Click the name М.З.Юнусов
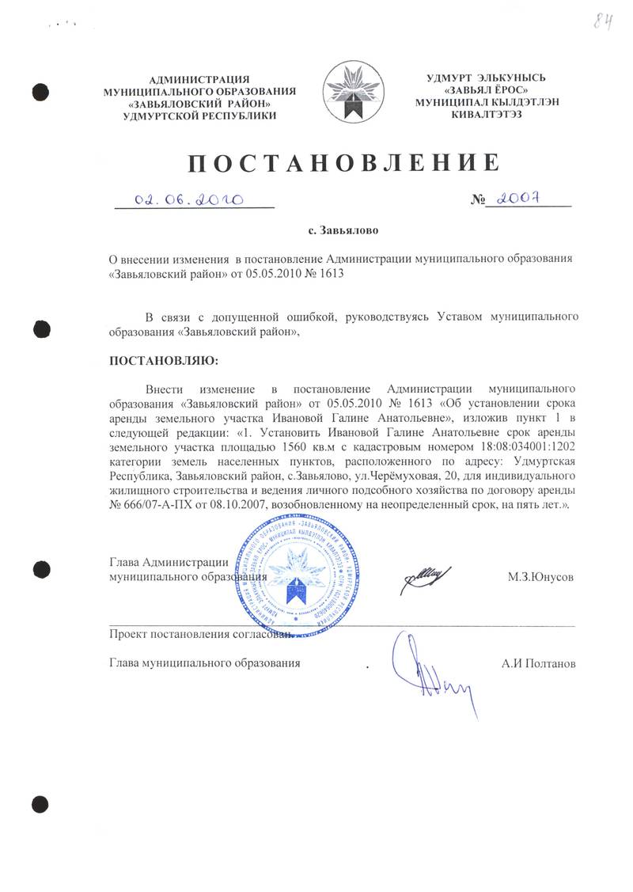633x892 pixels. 541,577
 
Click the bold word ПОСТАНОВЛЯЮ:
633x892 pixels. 161,361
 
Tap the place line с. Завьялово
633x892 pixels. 343,232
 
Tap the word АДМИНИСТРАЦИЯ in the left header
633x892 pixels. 199,78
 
